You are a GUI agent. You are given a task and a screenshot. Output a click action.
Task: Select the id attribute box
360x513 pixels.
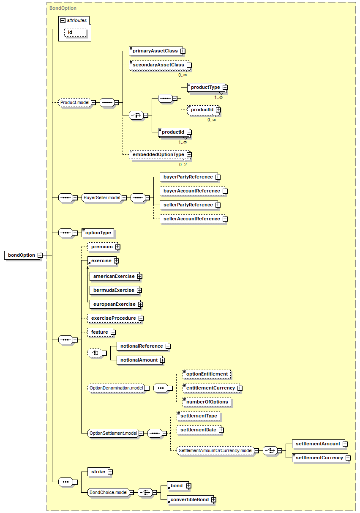coord(75,32)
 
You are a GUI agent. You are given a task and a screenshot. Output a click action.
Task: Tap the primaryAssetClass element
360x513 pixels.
coord(156,51)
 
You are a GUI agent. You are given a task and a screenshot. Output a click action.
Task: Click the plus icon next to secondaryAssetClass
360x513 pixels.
coord(189,65)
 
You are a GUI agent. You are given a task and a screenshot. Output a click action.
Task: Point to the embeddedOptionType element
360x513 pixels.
coord(159,155)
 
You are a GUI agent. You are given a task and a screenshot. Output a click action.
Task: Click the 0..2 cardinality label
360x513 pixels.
coord(183,165)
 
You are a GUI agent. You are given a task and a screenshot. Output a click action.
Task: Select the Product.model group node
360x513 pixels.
coord(75,102)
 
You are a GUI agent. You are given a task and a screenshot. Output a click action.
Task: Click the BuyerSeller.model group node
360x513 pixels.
coord(102,198)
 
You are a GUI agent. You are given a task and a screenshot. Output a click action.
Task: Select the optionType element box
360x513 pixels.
coord(98,233)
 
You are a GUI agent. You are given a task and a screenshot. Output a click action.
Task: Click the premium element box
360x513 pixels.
coord(103,247)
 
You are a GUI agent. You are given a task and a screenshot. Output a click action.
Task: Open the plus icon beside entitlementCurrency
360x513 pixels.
coord(240,388)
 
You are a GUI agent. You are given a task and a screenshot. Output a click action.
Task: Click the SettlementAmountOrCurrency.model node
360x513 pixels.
coord(215,451)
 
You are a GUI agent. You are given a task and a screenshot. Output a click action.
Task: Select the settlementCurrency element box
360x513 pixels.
coord(320,458)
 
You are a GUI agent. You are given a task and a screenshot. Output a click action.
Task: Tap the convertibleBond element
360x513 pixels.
coord(191,500)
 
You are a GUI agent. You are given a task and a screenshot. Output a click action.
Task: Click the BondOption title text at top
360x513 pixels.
coord(63,8)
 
